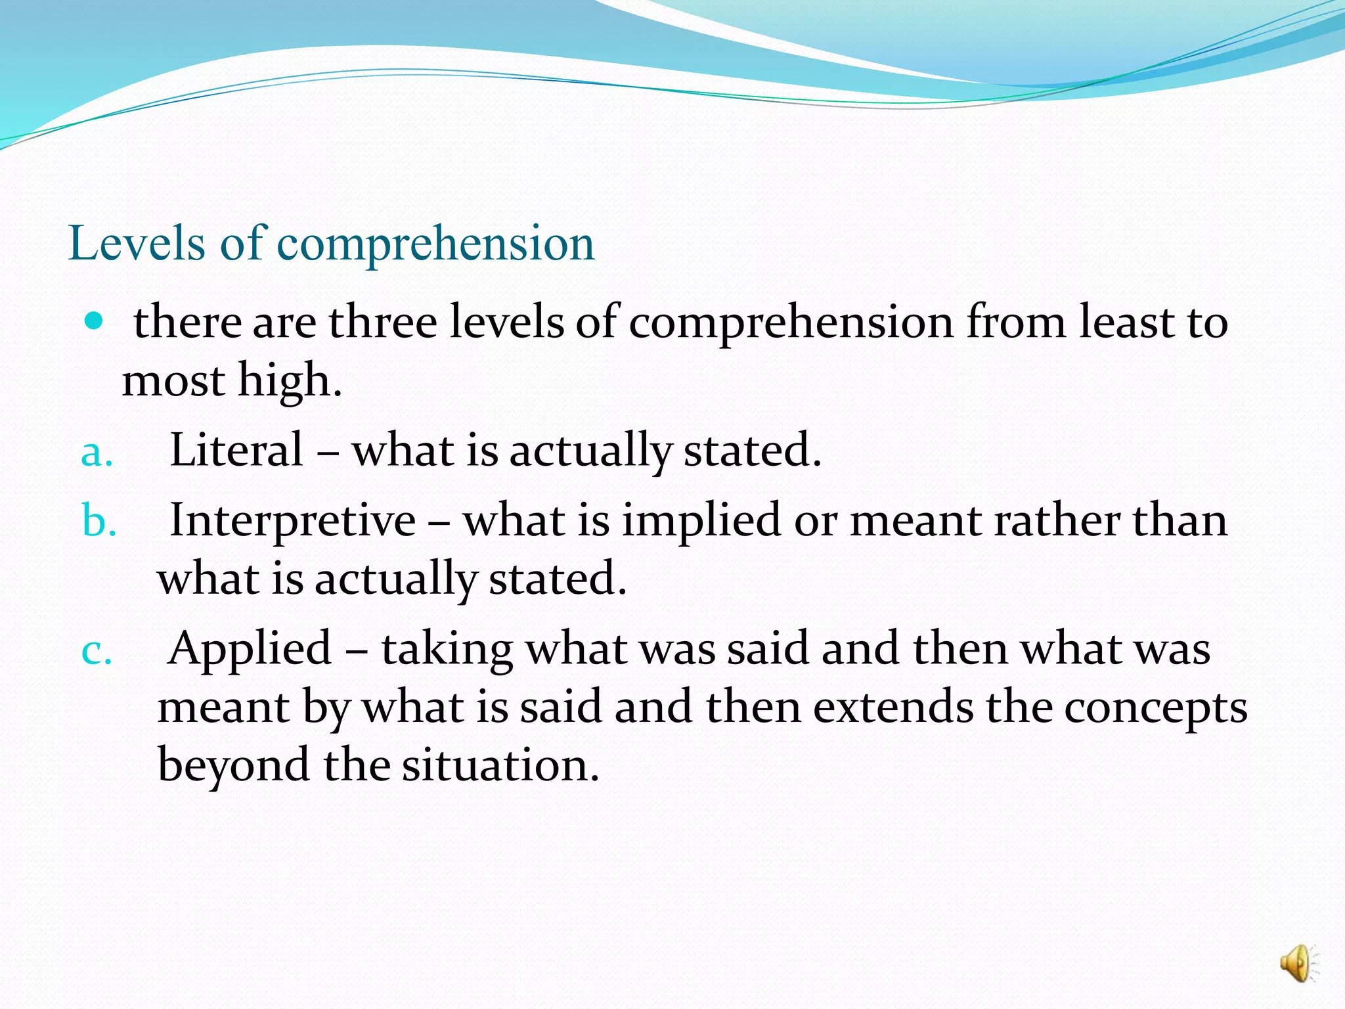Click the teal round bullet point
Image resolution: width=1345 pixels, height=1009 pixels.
[95, 321]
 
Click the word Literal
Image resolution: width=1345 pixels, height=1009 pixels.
[236, 450]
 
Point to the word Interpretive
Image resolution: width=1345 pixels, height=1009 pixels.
[293, 520]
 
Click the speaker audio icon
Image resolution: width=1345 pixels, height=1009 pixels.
[1298, 963]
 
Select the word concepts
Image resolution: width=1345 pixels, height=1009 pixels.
[1155, 709]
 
